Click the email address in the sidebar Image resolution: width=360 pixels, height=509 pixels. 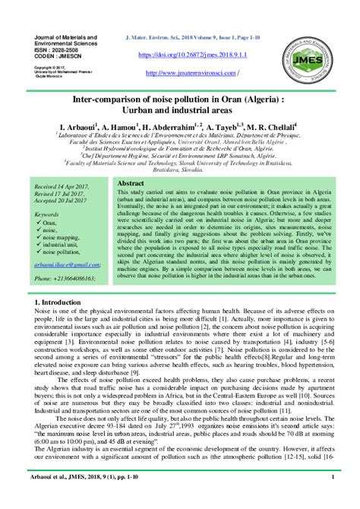[67, 264]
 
